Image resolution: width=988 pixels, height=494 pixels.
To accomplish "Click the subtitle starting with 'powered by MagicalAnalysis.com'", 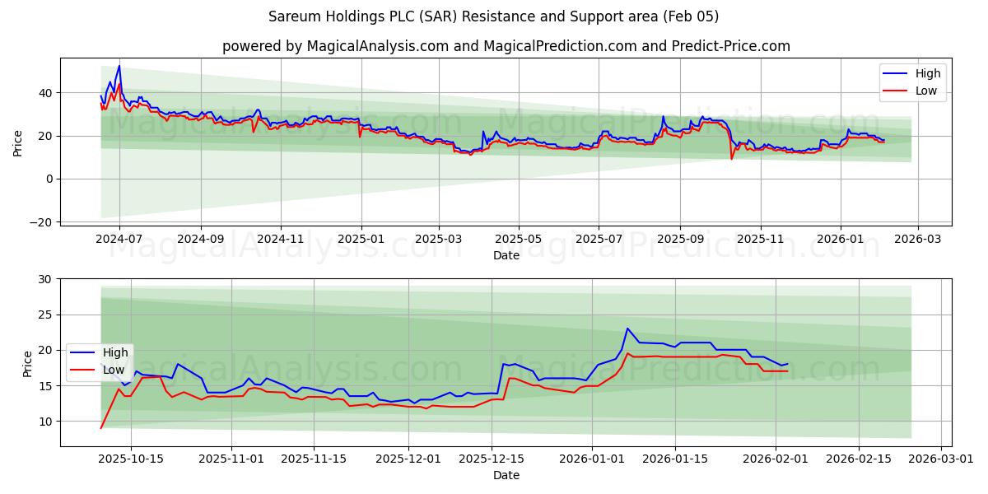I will pyautogui.click(x=506, y=46).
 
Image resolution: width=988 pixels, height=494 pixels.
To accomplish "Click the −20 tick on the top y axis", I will pyautogui.click(x=41, y=222).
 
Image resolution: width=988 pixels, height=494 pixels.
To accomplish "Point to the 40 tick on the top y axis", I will pyautogui.click(x=44, y=93).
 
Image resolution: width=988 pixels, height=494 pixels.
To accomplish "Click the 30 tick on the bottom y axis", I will pyautogui.click(x=44, y=279).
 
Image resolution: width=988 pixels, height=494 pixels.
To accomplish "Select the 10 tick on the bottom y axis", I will pyautogui.click(x=44, y=422).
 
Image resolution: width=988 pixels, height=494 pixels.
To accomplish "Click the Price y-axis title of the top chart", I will pyautogui.click(x=18, y=142).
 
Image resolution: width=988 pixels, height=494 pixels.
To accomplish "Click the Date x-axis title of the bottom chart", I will pyautogui.click(x=506, y=475).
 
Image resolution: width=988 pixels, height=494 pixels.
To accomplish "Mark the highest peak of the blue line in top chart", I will pyautogui.click(x=119, y=66).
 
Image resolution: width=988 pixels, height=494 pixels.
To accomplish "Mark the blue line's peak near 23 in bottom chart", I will pyautogui.click(x=627, y=329).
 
